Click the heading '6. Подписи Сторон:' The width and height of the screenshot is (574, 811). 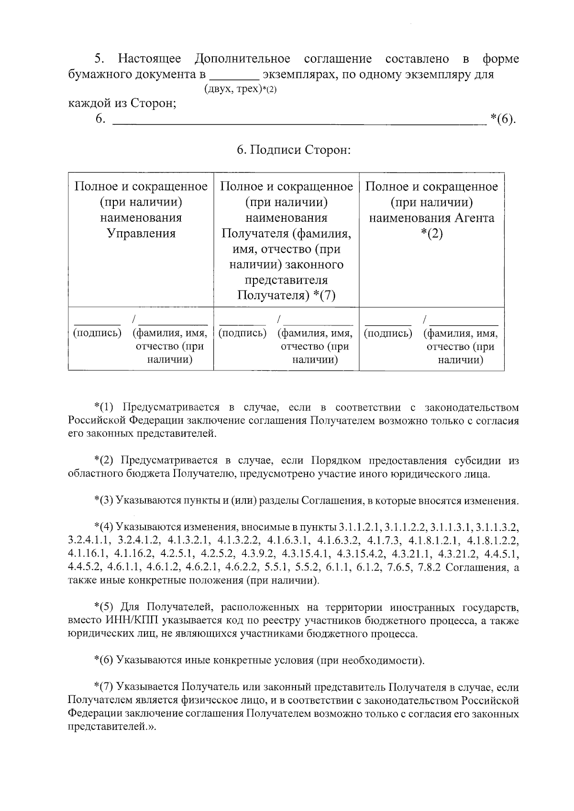tap(294, 150)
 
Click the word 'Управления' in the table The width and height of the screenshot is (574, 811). tap(141, 234)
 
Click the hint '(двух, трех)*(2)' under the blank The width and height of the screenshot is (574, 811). tap(240, 89)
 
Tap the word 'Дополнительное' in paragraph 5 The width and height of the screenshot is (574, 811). tap(242, 59)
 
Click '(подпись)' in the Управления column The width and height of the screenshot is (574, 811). tap(97, 333)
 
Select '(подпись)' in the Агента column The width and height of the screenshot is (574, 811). tap(388, 333)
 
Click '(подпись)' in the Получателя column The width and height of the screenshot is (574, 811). tap(243, 333)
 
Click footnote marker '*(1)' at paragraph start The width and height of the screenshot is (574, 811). tap(104, 408)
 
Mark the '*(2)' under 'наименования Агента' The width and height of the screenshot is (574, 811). tap(431, 234)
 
